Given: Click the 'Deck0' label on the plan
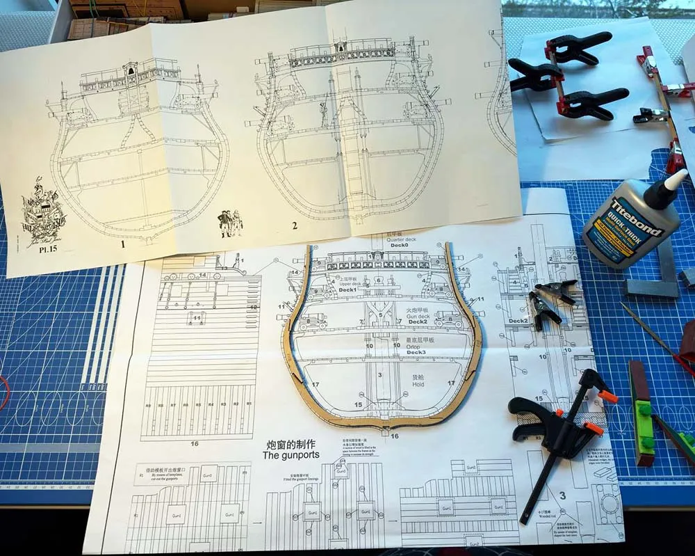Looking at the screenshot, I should [x=398, y=246].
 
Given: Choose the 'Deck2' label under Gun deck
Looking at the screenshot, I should [x=418, y=321].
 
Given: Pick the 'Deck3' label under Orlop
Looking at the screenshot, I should [x=416, y=352].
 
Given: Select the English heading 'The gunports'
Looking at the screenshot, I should [x=290, y=456].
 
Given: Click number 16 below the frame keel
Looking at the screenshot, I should [x=395, y=436].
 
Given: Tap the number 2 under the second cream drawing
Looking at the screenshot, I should [x=295, y=225].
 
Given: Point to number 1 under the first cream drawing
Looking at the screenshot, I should [x=123, y=244].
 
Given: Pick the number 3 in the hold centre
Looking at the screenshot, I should [x=379, y=375].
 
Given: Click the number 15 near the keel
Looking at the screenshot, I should [x=358, y=404].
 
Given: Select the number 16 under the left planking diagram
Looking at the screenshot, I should [x=195, y=443].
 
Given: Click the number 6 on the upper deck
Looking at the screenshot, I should [x=378, y=280].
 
